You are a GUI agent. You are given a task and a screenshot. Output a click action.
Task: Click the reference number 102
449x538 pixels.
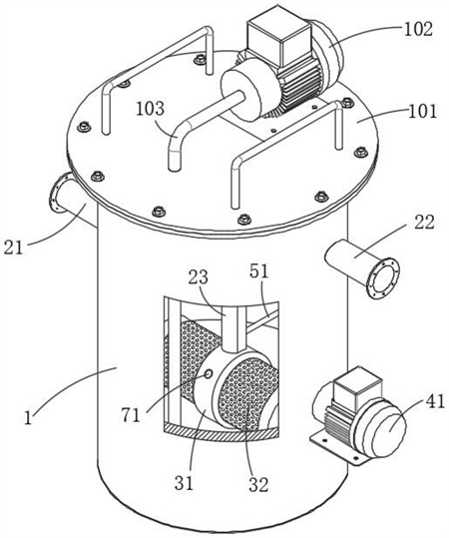pyautogui.click(x=418, y=30)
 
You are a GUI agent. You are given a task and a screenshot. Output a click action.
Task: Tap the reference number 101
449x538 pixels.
pyautogui.click(x=423, y=112)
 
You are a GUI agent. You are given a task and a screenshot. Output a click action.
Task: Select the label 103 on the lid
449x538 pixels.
pyautogui.click(x=150, y=109)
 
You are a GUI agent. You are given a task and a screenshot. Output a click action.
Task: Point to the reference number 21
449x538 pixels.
pyautogui.click(x=13, y=248)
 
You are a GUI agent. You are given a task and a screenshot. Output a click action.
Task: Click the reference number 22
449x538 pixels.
pyautogui.click(x=424, y=222)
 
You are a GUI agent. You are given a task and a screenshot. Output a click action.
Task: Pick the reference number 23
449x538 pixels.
pyautogui.click(x=199, y=276)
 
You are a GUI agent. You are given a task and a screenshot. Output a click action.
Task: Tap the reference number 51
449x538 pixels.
pyautogui.click(x=259, y=271)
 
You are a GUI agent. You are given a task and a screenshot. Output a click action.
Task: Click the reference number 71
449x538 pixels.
pyautogui.click(x=131, y=415)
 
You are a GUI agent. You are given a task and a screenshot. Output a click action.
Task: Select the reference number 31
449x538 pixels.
pyautogui.click(x=185, y=483)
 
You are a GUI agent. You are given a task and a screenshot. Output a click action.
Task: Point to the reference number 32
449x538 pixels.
pyautogui.click(x=258, y=484)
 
